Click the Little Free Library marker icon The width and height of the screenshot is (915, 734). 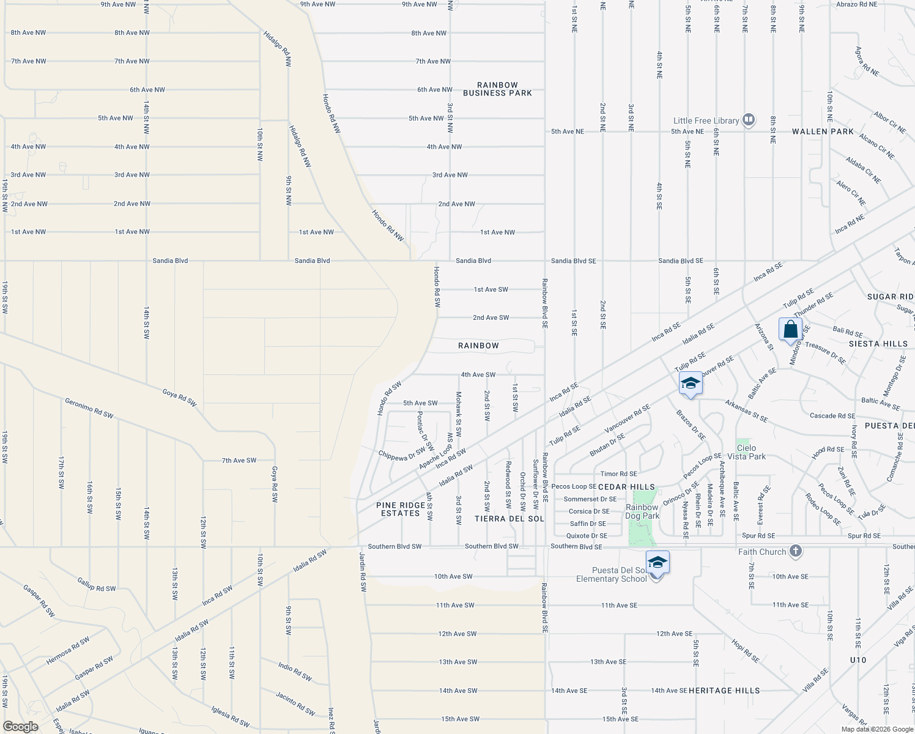tap(749, 119)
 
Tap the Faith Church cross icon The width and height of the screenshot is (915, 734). tap(795, 551)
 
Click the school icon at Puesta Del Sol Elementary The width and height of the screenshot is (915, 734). tap(657, 563)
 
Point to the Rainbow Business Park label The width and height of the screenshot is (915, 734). tap(497, 89)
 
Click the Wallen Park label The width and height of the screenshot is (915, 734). tap(823, 132)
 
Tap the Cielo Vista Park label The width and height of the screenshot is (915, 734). tap(746, 452)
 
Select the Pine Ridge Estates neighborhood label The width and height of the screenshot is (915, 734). tap(401, 510)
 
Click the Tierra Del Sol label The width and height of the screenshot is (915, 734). tap(509, 519)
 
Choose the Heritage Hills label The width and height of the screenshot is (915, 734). tap(724, 691)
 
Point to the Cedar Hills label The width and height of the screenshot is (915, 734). tap(626, 487)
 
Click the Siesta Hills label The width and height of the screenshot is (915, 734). tap(878, 344)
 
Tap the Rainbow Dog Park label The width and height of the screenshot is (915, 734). tap(642, 511)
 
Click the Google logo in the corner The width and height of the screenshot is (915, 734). tap(20, 727)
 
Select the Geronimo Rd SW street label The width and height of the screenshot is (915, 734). tap(89, 408)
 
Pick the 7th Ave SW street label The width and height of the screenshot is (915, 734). tap(239, 461)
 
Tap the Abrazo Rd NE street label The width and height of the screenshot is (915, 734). tap(856, 4)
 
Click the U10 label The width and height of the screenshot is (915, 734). tap(858, 660)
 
